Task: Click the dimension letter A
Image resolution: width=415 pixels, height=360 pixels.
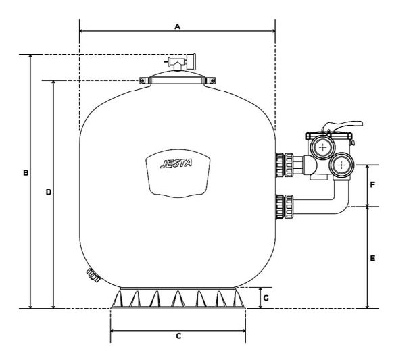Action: click(178, 26)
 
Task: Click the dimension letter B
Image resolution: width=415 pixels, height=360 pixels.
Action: click(26, 173)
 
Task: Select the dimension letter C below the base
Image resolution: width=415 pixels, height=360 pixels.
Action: click(178, 336)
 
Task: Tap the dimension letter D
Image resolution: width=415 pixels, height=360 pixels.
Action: click(49, 192)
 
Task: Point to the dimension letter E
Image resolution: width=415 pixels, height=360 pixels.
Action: click(372, 258)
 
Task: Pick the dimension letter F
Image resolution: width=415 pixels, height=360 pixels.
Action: click(372, 184)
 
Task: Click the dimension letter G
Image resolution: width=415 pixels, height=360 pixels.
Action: click(266, 298)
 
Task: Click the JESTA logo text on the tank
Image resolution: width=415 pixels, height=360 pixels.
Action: click(176, 163)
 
